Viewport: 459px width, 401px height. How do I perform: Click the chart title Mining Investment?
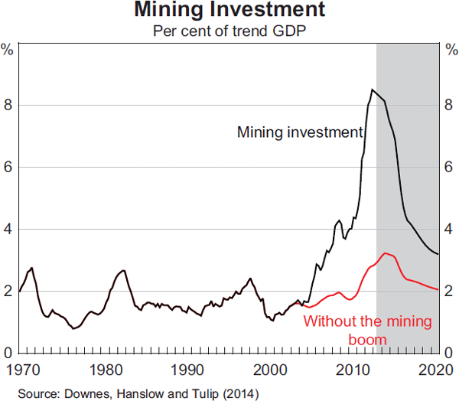coord(229,11)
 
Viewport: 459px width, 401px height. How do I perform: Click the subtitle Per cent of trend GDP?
coord(229,32)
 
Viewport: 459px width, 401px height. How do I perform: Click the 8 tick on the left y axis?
coord(7,105)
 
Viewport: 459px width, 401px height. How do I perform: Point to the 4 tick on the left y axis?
coord(7,229)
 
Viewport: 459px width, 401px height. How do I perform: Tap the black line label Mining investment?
coord(300,132)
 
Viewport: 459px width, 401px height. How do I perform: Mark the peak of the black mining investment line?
coord(372,90)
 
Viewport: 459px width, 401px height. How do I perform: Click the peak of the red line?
coord(386,253)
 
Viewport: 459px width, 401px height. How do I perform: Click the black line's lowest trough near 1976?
coord(73,328)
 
